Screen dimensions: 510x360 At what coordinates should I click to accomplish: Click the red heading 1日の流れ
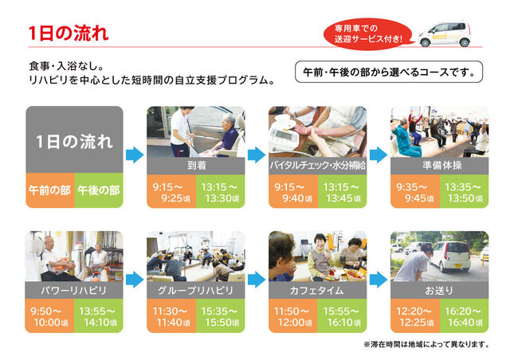tap(69, 33)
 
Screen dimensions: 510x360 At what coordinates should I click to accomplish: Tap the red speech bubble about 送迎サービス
tap(368, 34)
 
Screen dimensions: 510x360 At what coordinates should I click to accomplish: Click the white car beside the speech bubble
tap(445, 34)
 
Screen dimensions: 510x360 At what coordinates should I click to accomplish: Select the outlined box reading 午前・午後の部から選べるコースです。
tap(389, 72)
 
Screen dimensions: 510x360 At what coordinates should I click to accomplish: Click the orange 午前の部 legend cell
tap(50, 190)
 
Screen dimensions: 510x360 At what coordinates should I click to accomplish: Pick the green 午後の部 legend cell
tap(99, 190)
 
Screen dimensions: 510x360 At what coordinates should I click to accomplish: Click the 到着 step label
tap(197, 166)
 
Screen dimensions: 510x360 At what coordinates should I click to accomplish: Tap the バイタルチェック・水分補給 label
tap(317, 166)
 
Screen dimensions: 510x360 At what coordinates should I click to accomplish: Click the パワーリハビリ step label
tap(74, 290)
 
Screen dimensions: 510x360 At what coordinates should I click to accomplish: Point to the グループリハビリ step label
tap(195, 290)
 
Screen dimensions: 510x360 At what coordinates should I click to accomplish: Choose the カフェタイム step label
tap(316, 290)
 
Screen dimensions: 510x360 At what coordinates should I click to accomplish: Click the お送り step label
tap(439, 290)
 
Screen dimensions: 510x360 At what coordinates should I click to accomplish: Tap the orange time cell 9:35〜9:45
tap(415, 191)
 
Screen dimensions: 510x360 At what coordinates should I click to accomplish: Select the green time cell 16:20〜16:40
tap(464, 315)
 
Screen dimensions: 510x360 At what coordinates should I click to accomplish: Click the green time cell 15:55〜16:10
tap(342, 315)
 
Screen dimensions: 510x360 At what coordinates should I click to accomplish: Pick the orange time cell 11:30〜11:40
tap(171, 315)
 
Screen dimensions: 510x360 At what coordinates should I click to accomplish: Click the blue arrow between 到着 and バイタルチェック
tap(257, 155)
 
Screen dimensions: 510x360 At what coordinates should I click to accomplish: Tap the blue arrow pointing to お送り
tap(379, 280)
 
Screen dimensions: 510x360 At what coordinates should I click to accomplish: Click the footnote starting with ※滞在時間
tap(426, 344)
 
